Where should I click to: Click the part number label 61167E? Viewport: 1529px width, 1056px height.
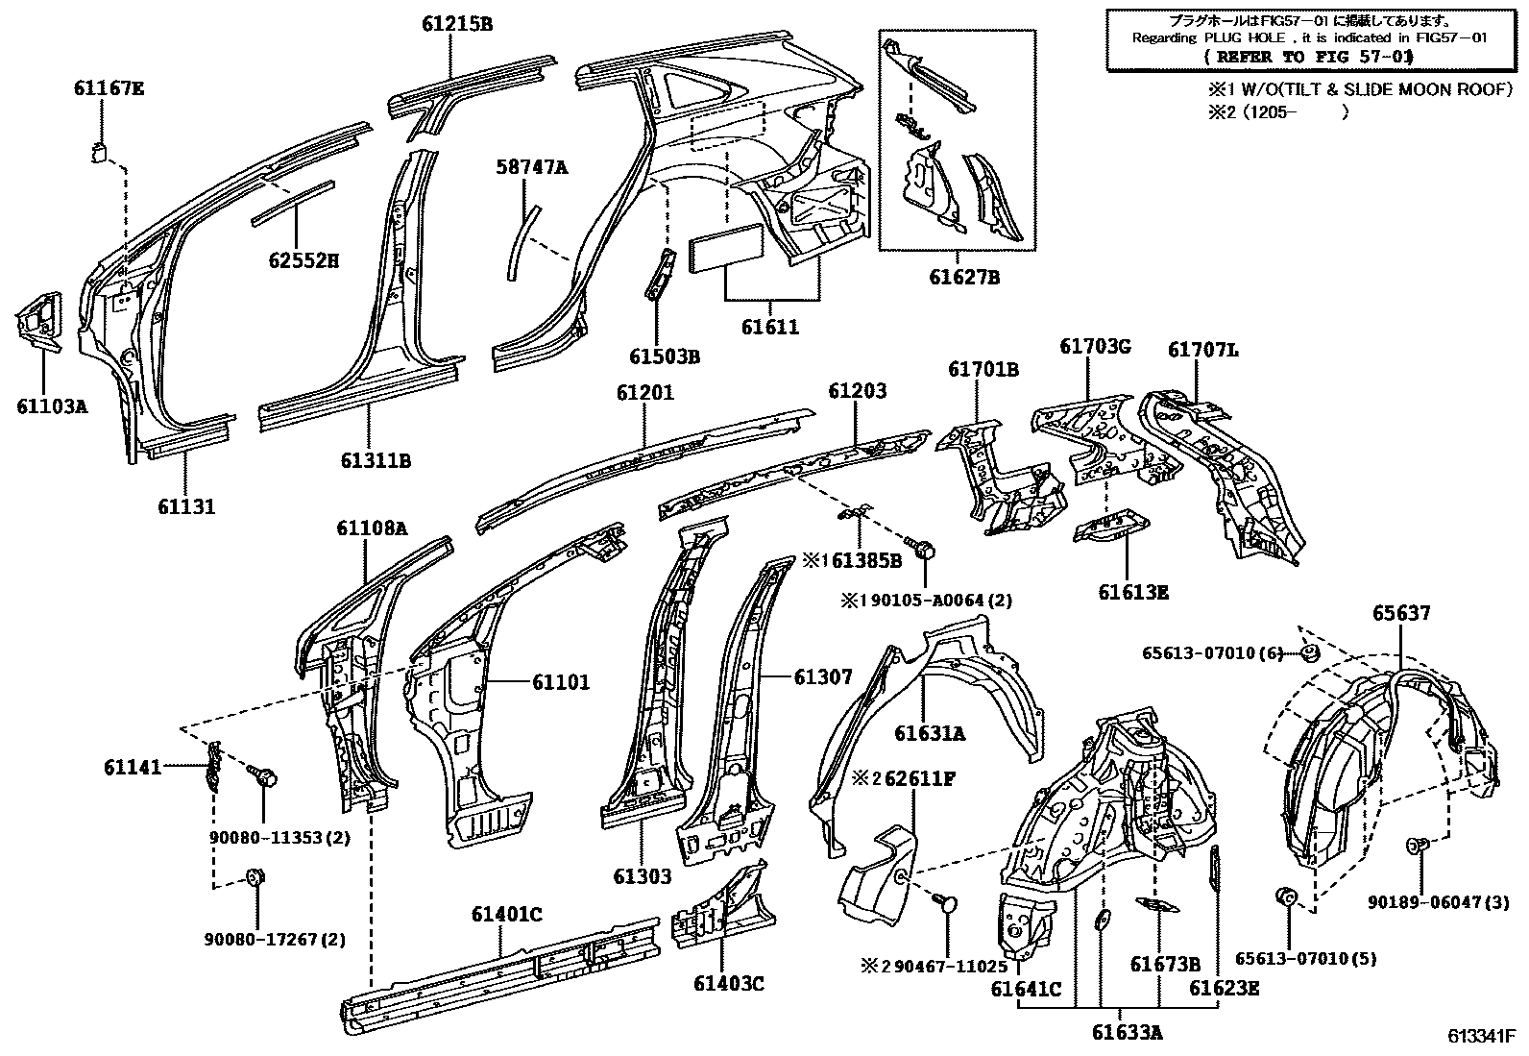click(109, 88)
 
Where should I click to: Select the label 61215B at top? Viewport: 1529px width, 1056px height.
click(456, 24)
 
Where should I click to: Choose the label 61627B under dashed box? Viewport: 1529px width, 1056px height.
click(963, 278)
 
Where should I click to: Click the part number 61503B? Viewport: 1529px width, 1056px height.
click(665, 356)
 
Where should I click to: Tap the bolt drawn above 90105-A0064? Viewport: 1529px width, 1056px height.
click(926, 552)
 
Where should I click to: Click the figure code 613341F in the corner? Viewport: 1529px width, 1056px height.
click(1482, 1038)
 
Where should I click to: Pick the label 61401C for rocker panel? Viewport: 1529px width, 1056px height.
click(506, 915)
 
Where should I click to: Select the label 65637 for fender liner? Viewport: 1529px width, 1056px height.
click(1400, 612)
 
